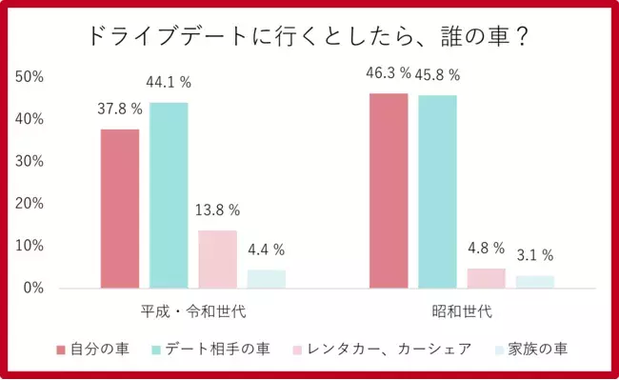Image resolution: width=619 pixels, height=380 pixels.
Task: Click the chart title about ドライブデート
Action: tap(309, 37)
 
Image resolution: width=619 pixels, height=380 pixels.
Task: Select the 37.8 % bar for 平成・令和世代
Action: tap(120, 209)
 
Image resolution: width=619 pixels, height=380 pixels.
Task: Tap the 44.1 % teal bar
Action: tap(169, 195)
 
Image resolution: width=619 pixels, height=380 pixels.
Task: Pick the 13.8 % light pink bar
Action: tap(217, 259)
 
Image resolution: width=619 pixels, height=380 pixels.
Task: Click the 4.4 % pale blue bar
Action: tap(267, 278)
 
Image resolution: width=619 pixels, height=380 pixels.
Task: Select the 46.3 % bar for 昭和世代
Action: tap(389, 190)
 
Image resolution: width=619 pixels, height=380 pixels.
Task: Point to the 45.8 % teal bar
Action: tap(437, 191)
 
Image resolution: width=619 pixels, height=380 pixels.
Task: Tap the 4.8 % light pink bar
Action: tap(486, 277)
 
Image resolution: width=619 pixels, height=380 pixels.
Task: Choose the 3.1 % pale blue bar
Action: tap(535, 281)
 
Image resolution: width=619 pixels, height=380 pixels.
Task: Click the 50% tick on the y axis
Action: tap(29, 77)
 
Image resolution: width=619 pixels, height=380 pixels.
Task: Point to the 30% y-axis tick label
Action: tap(29, 162)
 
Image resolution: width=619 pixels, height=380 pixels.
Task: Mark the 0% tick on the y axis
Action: tap(32, 288)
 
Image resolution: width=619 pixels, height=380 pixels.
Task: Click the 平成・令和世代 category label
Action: tap(193, 311)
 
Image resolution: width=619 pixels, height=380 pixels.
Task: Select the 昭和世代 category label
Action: tap(462, 311)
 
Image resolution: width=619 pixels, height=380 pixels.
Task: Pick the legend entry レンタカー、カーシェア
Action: tap(391, 349)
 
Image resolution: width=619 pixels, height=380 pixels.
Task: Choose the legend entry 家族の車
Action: tap(539, 349)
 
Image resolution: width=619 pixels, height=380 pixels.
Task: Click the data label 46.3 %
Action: tap(389, 73)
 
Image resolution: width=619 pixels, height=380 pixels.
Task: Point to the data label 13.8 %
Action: tap(217, 210)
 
